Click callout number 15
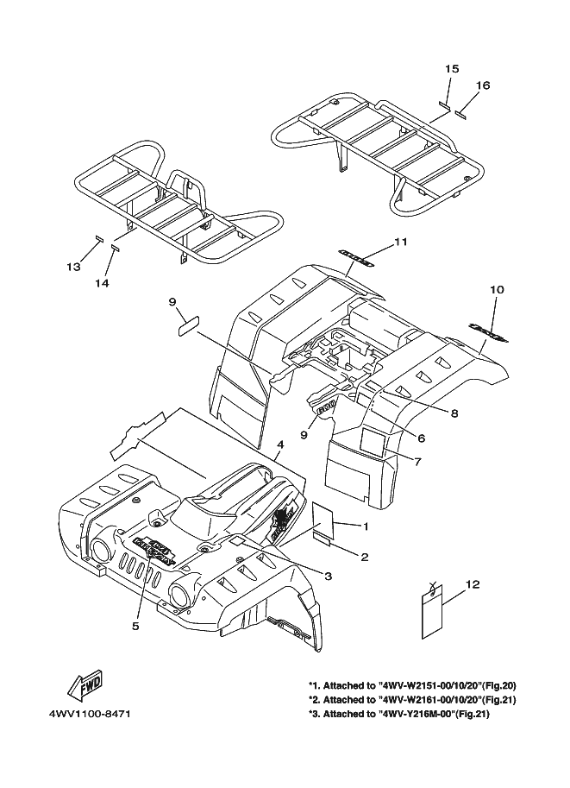tap(452, 68)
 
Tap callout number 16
tap(483, 85)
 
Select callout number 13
tap(73, 267)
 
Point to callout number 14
tap(102, 282)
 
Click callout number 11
tap(400, 243)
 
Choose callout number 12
tap(472, 584)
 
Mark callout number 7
tap(417, 461)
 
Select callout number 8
tap(454, 413)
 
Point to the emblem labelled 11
tap(356, 256)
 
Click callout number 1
tap(366, 526)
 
